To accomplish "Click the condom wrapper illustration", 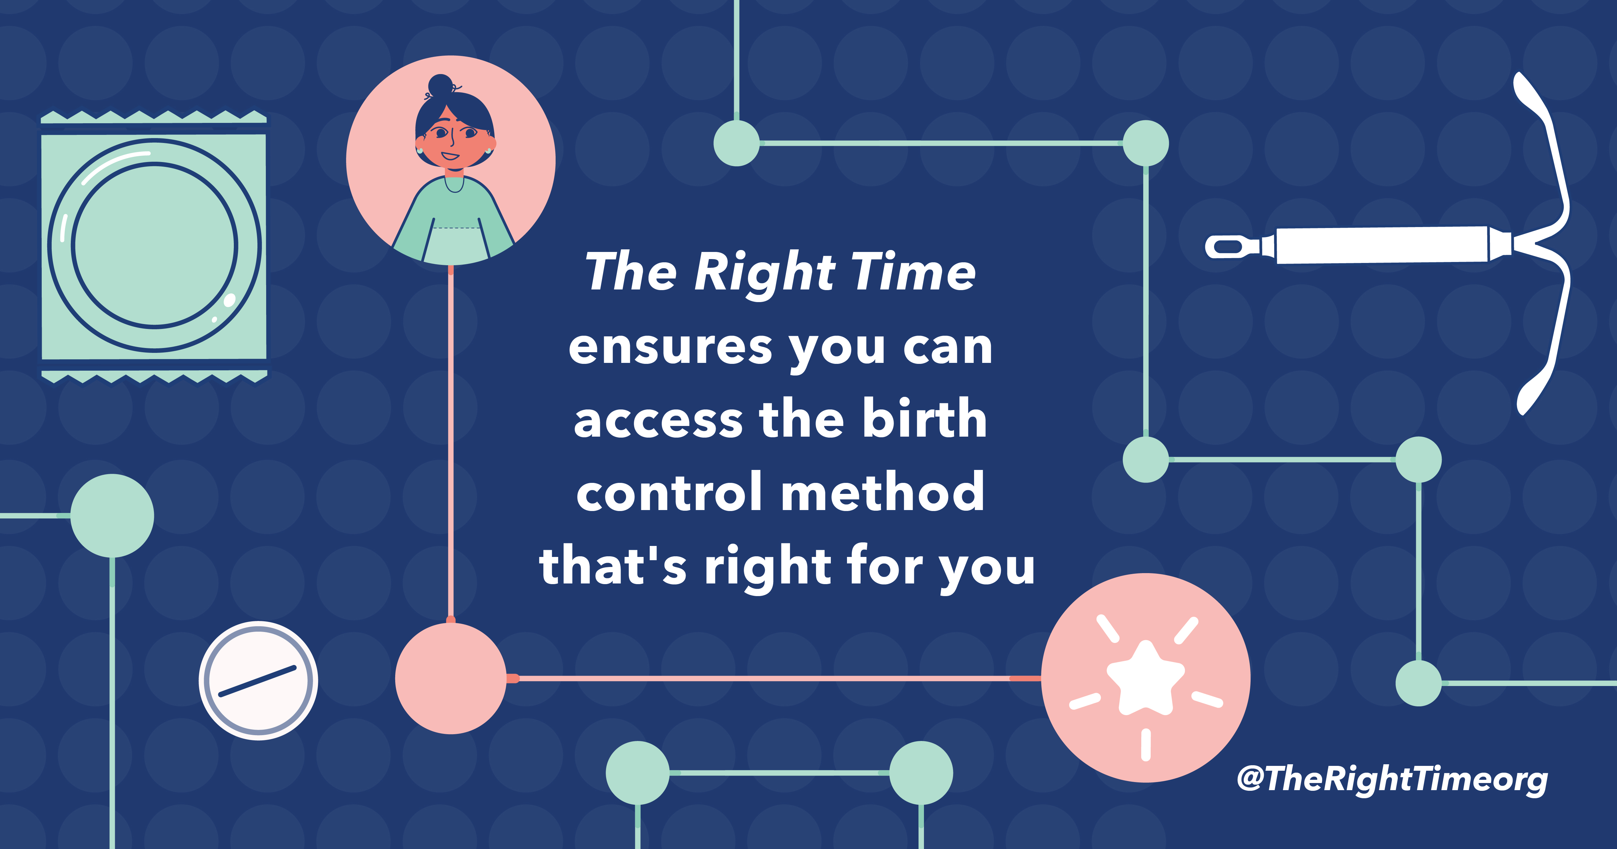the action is pos(154,246).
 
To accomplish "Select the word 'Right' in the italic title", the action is pos(765,272).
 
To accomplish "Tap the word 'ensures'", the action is pos(670,347).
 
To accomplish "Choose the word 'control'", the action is pos(669,492).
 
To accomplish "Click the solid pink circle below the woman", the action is pos(451,678).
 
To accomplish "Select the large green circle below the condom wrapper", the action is pos(112,516).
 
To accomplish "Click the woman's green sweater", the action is pos(452,220).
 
